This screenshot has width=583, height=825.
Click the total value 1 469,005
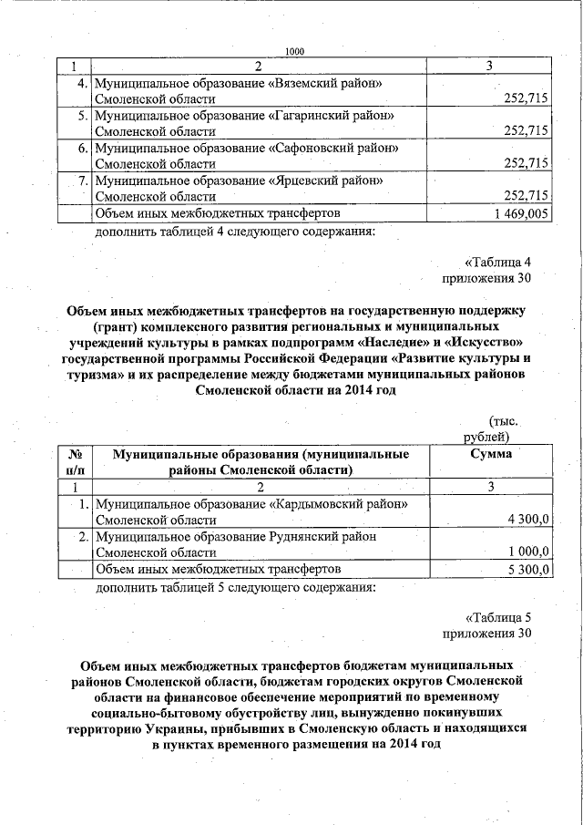(520, 212)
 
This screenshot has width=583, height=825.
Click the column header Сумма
(490, 454)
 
